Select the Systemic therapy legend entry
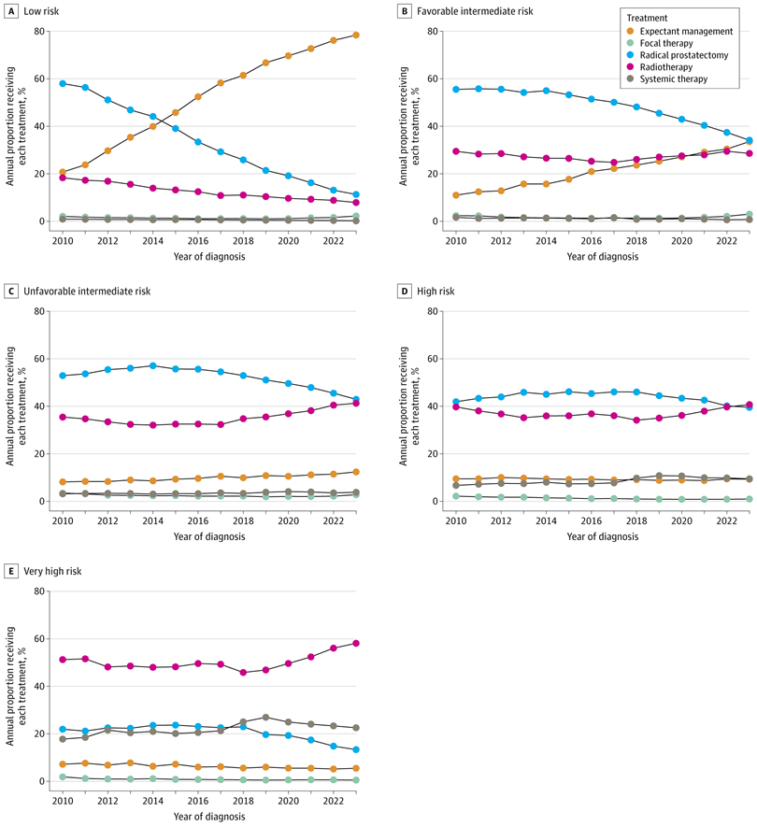(667, 79)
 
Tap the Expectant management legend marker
(630, 31)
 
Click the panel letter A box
(11, 11)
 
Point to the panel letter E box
(11, 571)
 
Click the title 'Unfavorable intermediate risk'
(87, 292)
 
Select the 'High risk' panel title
(436, 292)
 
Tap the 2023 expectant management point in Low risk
(356, 36)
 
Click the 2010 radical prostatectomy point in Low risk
(63, 83)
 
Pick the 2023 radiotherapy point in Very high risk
(356, 643)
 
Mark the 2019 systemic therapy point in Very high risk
(265, 718)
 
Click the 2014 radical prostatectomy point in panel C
(152, 365)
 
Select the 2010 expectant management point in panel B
(456, 195)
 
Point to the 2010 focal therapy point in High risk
(456, 496)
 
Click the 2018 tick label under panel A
(243, 241)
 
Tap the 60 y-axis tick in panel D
(433, 359)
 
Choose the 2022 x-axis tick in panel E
(334, 801)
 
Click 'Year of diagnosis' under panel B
(603, 257)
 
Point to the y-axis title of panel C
(16, 406)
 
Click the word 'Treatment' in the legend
(647, 18)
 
